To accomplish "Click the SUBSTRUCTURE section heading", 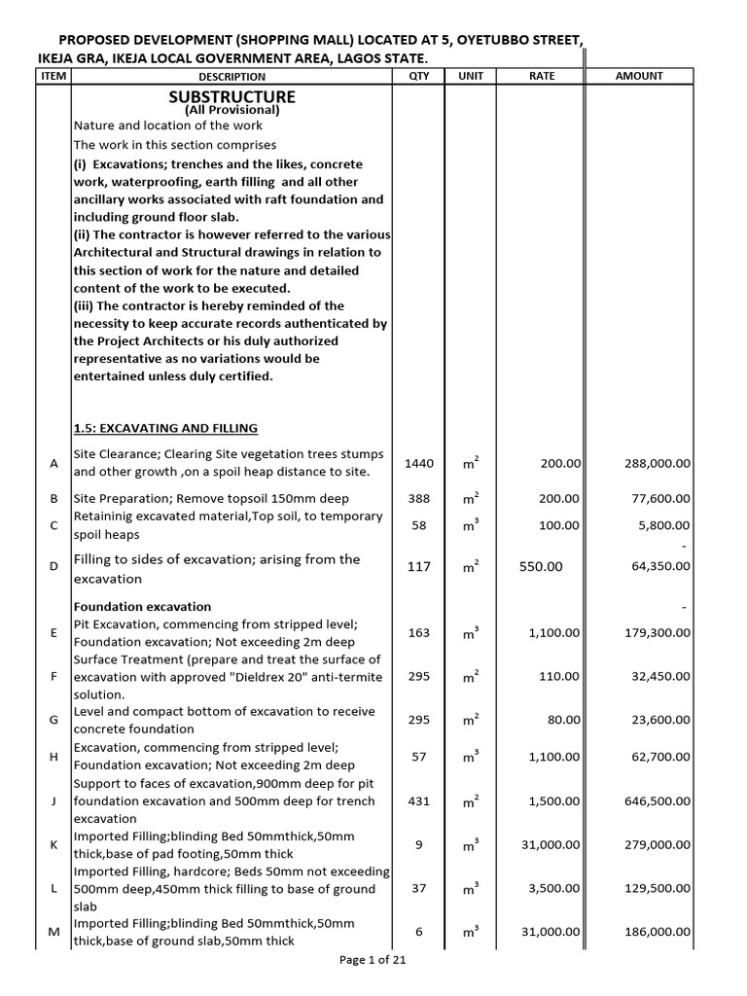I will (x=231, y=96).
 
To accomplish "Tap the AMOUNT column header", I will (x=639, y=76).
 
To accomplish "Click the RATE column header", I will (x=541, y=76).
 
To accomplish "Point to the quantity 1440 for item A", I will (x=418, y=464).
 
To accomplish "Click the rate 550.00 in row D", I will (x=542, y=566).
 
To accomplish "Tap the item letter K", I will (x=53, y=845).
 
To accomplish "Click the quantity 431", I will (x=418, y=801).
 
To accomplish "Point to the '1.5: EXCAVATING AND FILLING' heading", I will (x=165, y=428).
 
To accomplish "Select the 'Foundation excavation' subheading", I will (x=142, y=606).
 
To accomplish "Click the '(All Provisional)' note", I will (x=231, y=110).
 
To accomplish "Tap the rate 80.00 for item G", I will (x=563, y=721).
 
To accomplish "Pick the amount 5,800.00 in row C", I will (x=666, y=526).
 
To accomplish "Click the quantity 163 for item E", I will (x=418, y=633).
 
